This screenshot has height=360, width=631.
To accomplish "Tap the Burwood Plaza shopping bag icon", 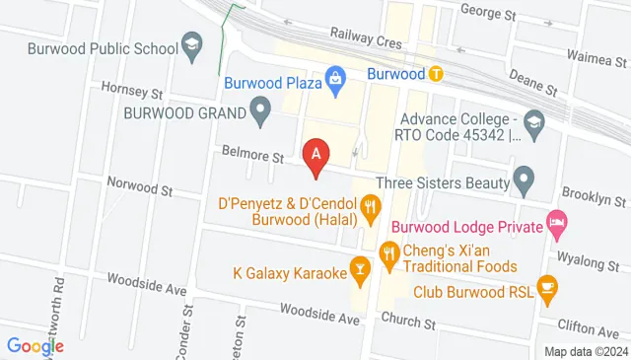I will point(336,75).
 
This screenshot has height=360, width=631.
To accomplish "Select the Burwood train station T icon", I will point(435,73).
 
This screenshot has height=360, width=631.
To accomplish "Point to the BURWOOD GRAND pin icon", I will point(261,110).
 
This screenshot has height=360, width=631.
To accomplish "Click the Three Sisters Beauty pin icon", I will point(524,180).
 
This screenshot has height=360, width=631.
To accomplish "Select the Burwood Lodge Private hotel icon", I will point(557,225).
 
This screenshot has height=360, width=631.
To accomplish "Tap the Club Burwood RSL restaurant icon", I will point(547,291).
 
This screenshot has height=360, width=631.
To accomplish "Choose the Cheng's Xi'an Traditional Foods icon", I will point(388,257).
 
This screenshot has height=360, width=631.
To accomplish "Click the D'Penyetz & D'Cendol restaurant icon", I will point(371,206).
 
